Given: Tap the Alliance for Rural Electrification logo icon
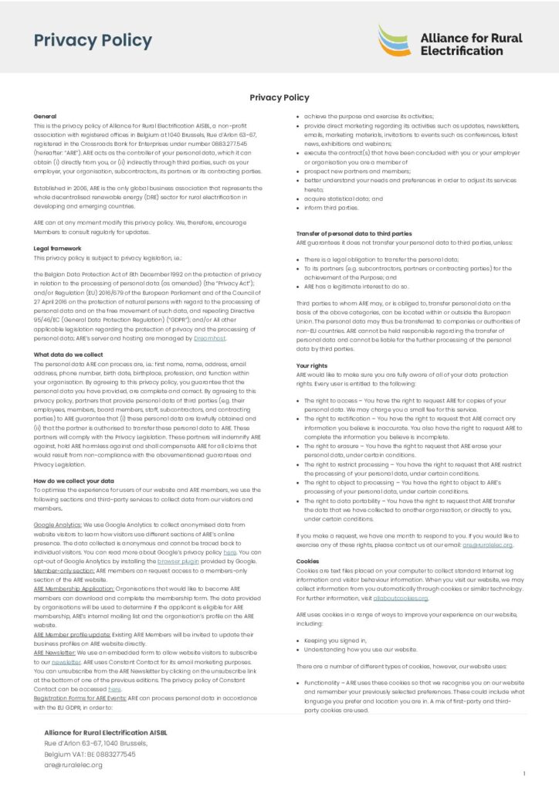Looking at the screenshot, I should pos(395,40).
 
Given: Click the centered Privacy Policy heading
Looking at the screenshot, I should pos(279,97).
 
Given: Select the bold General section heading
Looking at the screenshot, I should pos(46,115).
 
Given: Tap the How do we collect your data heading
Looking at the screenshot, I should pos(74,480).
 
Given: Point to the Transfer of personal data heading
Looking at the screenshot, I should pos(354,233).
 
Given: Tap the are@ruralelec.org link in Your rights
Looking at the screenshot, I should pos(487,545).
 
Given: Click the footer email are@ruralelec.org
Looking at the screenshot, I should pos(73,765).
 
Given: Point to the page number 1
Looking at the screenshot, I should pos(524,773).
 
